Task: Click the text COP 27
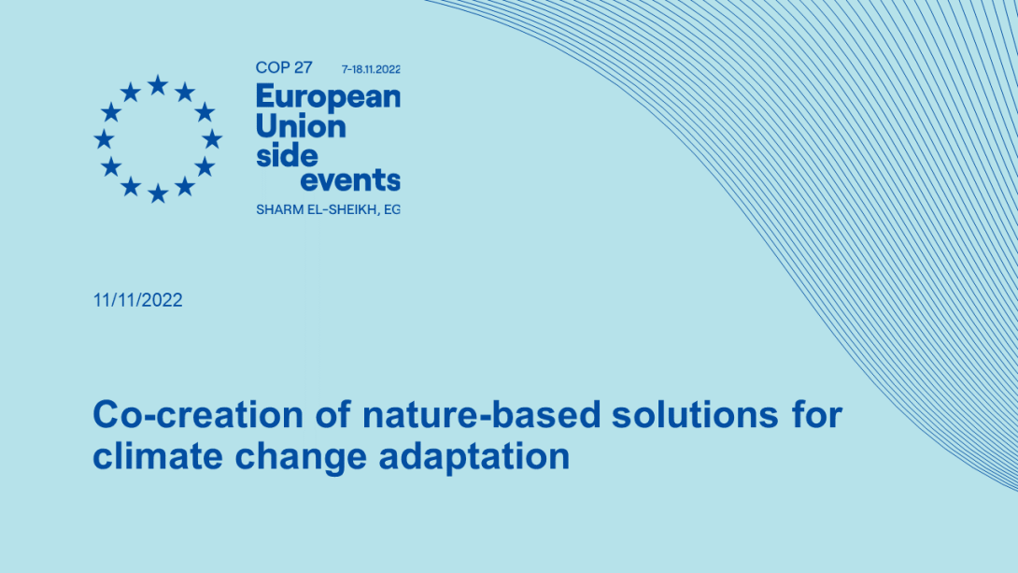click(x=284, y=67)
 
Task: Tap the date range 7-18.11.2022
click(x=371, y=69)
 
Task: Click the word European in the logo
click(x=328, y=97)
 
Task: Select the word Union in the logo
click(x=301, y=125)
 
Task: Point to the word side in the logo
click(x=287, y=155)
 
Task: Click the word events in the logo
click(x=350, y=180)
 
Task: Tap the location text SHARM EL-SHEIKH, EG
click(x=328, y=209)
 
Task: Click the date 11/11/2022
click(x=137, y=300)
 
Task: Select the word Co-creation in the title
click(x=198, y=414)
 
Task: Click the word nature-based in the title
click(x=482, y=414)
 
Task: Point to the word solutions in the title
click(x=695, y=414)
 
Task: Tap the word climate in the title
click(x=158, y=456)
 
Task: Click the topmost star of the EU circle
click(x=158, y=85)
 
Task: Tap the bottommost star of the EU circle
click(x=158, y=193)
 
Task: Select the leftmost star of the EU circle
click(x=104, y=139)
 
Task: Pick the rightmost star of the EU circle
click(x=212, y=139)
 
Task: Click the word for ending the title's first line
click(x=816, y=414)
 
